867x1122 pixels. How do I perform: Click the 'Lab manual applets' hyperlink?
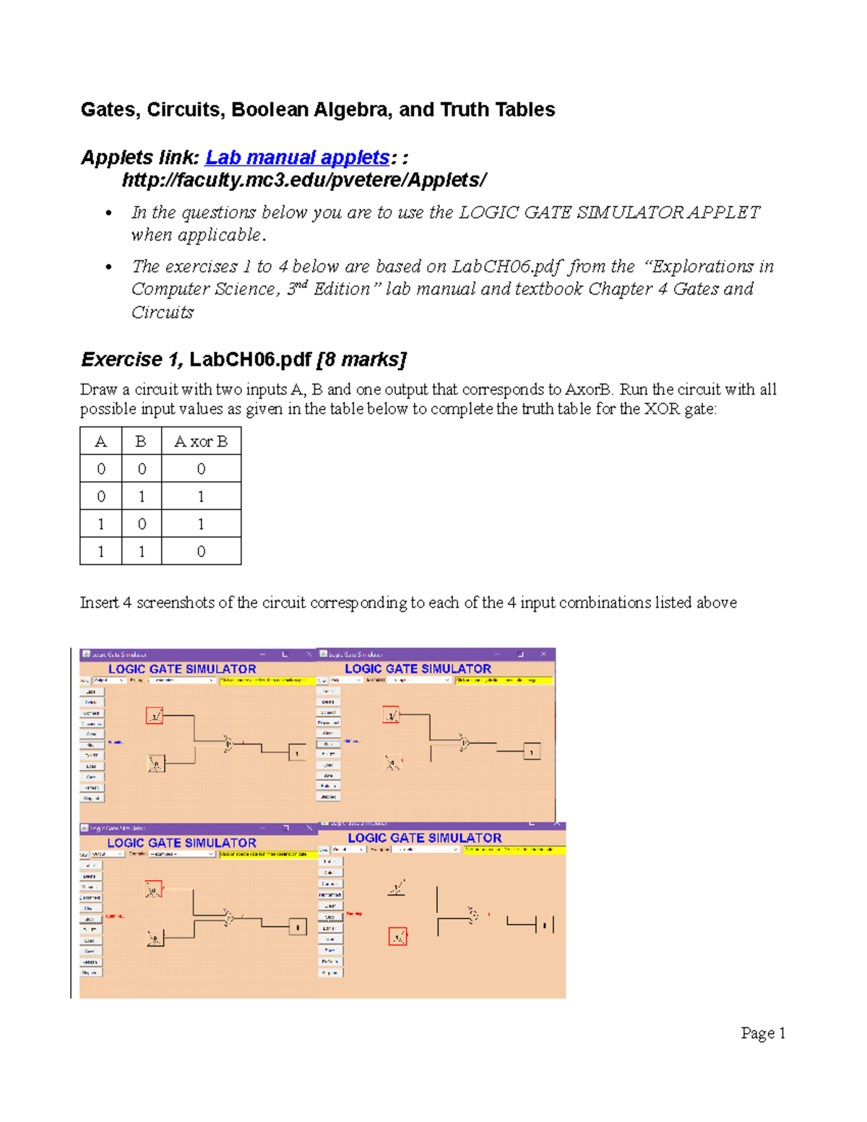click(297, 157)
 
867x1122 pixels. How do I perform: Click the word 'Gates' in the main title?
click(108, 110)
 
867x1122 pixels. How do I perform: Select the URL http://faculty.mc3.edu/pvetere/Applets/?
click(304, 180)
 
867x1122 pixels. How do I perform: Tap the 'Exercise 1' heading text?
click(122, 360)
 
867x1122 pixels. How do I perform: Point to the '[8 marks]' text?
click(361, 360)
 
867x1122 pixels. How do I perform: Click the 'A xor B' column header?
click(201, 441)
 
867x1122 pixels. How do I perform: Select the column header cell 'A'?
click(101, 441)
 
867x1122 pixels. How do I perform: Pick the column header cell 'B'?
click(141, 441)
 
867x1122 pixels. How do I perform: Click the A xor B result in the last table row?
click(201, 551)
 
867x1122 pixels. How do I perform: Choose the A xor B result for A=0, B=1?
click(201, 496)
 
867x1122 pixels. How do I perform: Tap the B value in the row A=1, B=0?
click(142, 524)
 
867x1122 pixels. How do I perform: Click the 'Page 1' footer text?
click(762, 1033)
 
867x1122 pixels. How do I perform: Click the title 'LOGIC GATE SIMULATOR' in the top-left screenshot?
click(182, 669)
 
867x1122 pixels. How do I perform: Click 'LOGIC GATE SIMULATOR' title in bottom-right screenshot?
click(425, 838)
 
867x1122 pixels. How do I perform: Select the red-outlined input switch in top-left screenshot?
click(155, 716)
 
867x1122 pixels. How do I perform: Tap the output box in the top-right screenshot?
click(532, 752)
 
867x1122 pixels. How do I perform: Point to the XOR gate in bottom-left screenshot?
click(228, 918)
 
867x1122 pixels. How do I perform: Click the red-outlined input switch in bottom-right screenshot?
click(397, 937)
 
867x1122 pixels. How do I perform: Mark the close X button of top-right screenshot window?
click(543, 654)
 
